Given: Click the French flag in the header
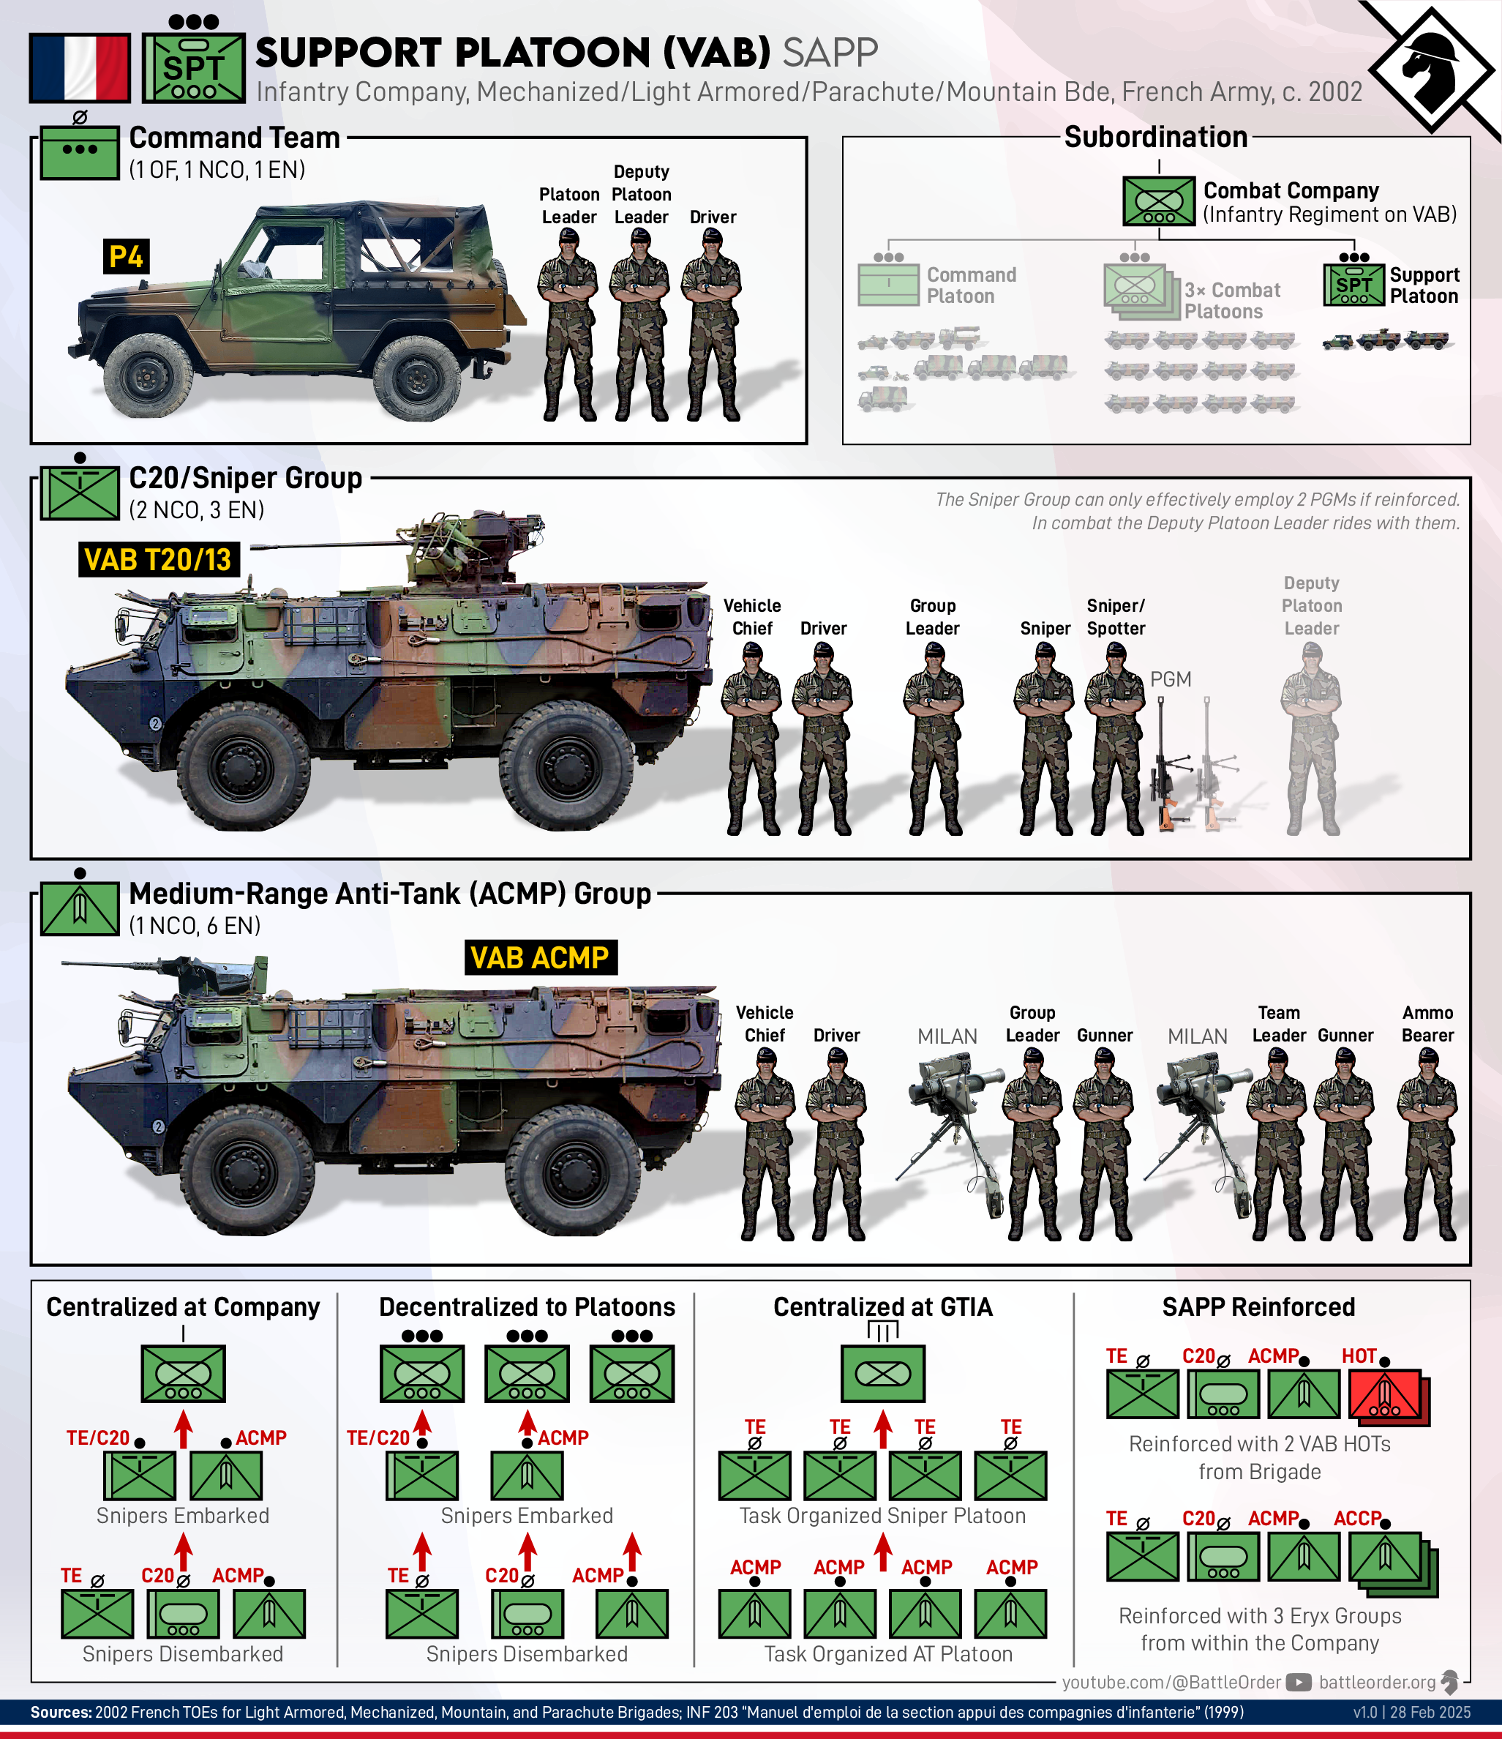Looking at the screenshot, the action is coord(80,67).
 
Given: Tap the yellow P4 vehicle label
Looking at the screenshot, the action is coord(126,256).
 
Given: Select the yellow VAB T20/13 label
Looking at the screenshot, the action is coord(158,559).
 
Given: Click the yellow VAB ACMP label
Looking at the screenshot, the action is coord(541,957).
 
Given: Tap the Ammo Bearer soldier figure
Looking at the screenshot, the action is coord(1427,1145).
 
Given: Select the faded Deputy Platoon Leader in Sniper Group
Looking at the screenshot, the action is coord(1311,738).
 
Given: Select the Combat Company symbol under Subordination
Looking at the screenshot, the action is coord(1159,201).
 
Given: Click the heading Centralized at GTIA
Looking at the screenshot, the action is coord(883,1306).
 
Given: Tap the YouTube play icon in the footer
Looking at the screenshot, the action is coord(1298,1682).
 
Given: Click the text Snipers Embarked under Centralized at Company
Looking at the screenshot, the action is coord(183,1516).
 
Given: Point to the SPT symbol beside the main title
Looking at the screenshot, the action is coord(193,68).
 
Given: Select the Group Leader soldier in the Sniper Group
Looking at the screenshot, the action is coord(932,738).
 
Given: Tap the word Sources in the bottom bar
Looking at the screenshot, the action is coord(61,1712).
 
